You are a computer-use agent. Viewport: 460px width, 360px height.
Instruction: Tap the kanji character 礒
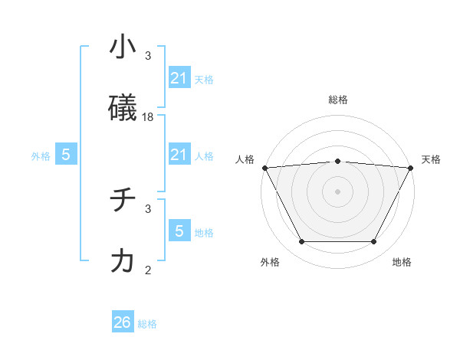[x=123, y=109]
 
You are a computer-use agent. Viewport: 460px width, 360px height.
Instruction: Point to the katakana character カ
[x=123, y=261]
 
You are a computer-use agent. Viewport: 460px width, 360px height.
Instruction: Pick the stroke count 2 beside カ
[x=148, y=270]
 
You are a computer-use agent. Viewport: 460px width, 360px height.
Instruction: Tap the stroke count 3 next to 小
[x=148, y=56]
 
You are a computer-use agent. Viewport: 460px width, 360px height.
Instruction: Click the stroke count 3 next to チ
[x=148, y=208]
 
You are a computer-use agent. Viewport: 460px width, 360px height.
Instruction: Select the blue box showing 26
[x=123, y=322]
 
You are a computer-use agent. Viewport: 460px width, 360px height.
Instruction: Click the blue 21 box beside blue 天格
[x=179, y=78]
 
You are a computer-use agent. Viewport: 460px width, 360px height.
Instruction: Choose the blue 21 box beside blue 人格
[x=179, y=155]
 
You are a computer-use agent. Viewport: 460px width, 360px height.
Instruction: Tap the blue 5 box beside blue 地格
[x=179, y=231]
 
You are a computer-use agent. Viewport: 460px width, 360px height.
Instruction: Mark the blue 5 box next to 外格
[x=66, y=155]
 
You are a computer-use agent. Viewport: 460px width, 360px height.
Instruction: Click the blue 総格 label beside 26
[x=147, y=324]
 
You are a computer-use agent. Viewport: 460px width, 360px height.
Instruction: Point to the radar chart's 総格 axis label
[x=338, y=100]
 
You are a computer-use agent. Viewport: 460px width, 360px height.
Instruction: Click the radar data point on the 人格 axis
[x=264, y=167]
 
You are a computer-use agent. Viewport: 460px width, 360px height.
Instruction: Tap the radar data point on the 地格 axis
[x=374, y=242]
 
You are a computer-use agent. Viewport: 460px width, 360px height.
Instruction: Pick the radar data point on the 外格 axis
[x=301, y=242]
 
